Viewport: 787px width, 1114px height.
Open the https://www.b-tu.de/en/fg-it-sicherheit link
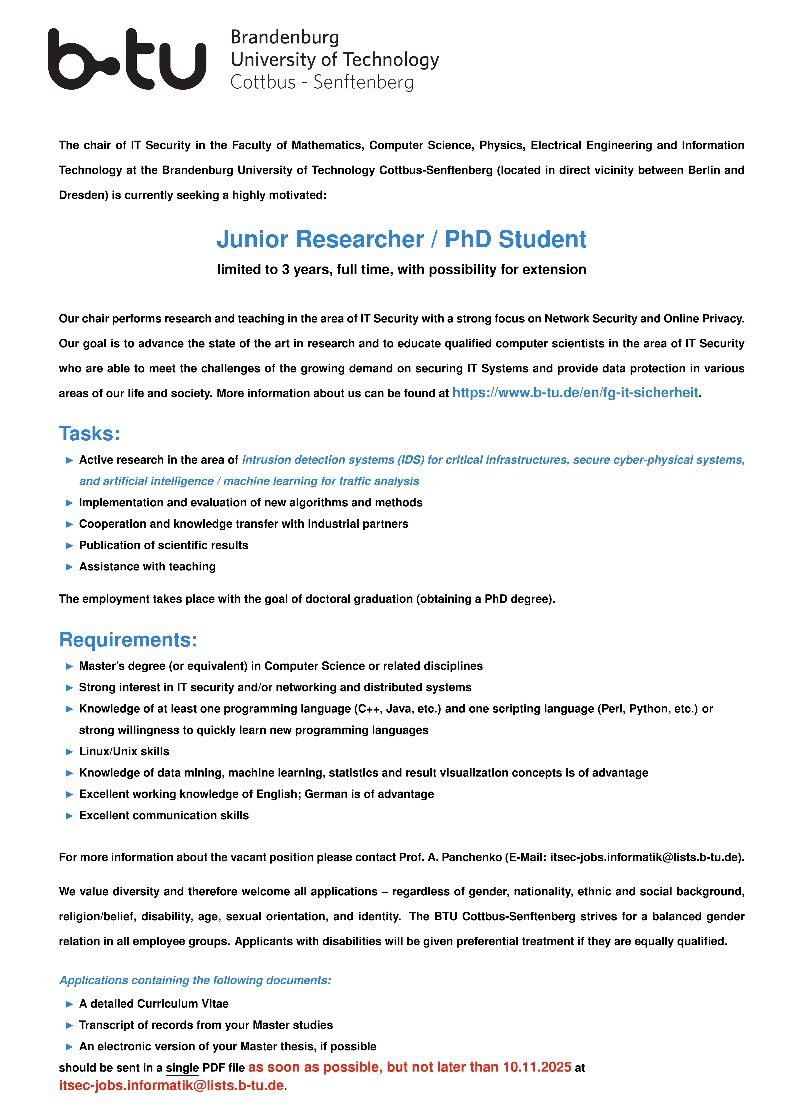click(575, 393)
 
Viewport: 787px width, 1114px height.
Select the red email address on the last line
click(171, 1085)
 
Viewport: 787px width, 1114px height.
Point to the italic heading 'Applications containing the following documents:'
click(195, 980)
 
